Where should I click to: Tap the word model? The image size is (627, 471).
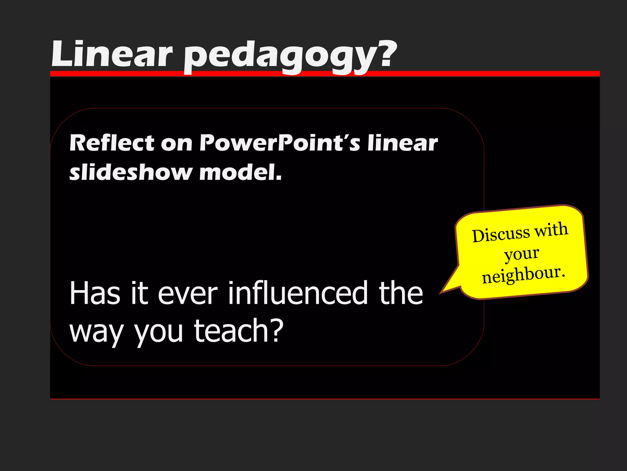[x=240, y=172]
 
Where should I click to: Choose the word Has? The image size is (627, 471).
[x=95, y=293]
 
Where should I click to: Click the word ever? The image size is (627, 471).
[x=187, y=293]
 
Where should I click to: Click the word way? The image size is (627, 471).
[x=96, y=333]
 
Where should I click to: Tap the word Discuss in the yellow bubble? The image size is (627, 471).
[x=501, y=235]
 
